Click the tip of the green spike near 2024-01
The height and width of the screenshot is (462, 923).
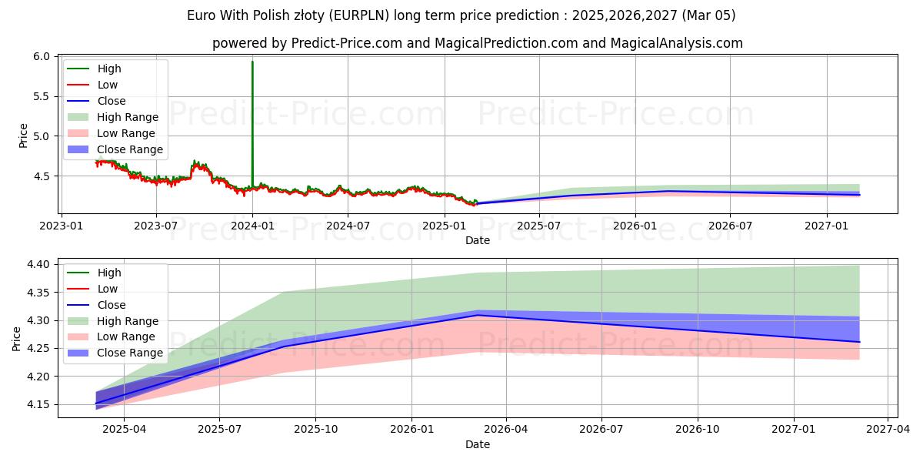point(252,62)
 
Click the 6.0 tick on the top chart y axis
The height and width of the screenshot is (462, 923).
point(42,57)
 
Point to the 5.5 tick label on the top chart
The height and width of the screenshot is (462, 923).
point(42,96)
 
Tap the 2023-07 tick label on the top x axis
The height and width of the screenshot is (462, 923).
point(156,225)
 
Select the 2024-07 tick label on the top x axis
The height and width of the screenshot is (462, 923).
point(348,225)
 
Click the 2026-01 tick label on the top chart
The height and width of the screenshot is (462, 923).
point(635,225)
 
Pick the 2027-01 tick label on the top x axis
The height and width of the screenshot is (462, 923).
point(827,225)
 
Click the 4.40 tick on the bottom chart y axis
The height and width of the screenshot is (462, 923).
point(39,265)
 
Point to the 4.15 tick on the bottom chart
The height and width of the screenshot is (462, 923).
point(39,405)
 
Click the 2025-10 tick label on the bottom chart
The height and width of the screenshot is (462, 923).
point(316,429)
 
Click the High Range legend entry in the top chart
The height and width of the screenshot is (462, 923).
point(128,118)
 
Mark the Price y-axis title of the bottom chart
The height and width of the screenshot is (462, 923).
point(17,338)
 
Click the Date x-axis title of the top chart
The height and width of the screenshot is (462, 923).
point(477,240)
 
